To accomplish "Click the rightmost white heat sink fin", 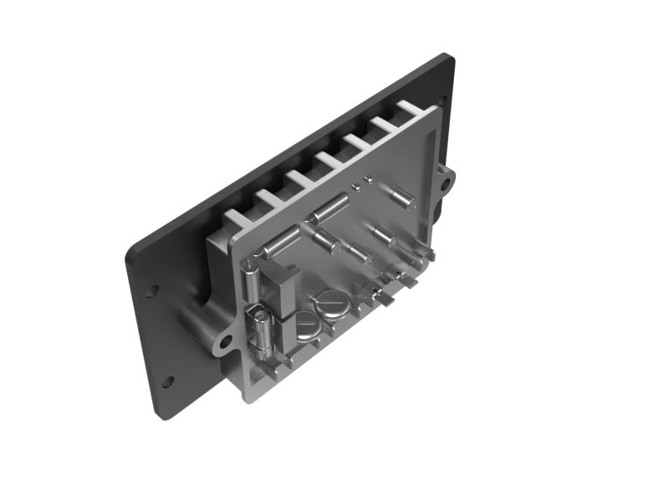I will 411,108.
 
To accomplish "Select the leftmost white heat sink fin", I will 237,216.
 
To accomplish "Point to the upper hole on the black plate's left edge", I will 152,291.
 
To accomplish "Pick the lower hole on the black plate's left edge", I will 167,382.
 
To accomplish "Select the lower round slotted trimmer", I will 306,325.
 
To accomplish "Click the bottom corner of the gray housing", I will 248,399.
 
